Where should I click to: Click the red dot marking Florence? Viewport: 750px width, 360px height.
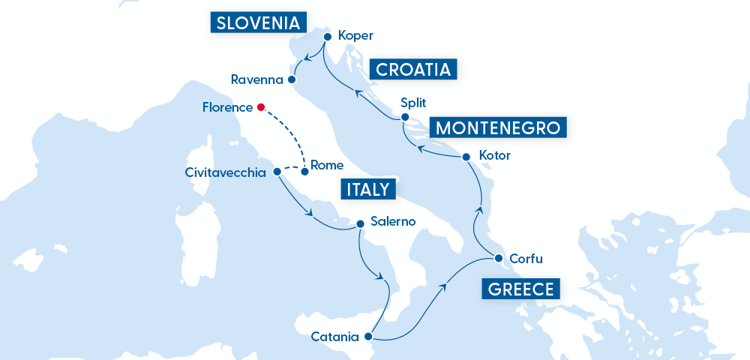point(261,107)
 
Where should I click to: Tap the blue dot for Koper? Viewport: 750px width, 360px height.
point(327,36)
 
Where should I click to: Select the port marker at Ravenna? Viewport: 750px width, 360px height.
point(293,79)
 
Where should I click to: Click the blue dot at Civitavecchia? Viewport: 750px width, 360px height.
point(277,172)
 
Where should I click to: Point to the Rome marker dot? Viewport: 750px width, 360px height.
point(304,172)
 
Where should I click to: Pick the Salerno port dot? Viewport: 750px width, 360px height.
point(360,223)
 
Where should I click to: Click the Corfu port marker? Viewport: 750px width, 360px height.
point(499,258)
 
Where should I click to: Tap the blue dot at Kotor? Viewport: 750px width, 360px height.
point(466,157)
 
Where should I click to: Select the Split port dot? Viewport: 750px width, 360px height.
point(404,117)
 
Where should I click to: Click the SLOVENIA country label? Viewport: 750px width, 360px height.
point(258,23)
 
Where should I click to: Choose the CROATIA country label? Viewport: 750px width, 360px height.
point(413,70)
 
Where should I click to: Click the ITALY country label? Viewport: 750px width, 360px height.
point(368,190)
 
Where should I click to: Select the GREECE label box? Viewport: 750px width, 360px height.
point(520,289)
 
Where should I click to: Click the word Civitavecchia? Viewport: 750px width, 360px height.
point(225,172)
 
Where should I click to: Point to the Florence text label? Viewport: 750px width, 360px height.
point(227,108)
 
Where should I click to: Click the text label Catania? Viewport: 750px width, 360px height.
point(334,337)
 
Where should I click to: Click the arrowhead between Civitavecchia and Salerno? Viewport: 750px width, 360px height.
point(309,214)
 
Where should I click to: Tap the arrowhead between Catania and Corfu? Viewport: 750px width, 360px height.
point(445,284)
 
